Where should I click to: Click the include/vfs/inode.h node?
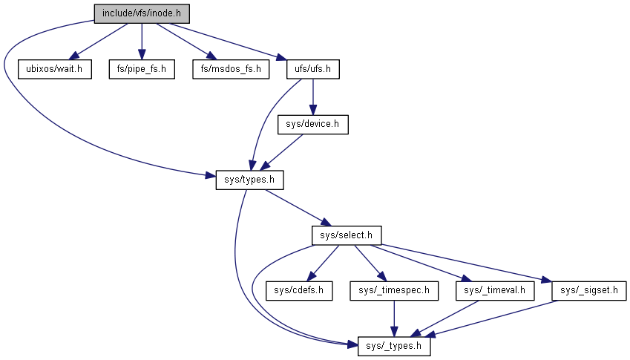(x=140, y=13)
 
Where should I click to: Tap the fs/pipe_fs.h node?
(x=141, y=69)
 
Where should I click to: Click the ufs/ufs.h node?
(x=312, y=69)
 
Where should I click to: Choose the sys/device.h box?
(x=312, y=124)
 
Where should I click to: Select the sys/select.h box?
(x=346, y=235)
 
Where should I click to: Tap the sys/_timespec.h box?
(x=394, y=290)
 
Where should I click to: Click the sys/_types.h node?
(x=394, y=346)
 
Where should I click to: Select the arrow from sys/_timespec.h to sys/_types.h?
(x=394, y=318)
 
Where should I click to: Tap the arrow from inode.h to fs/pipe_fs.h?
(x=141, y=41)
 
